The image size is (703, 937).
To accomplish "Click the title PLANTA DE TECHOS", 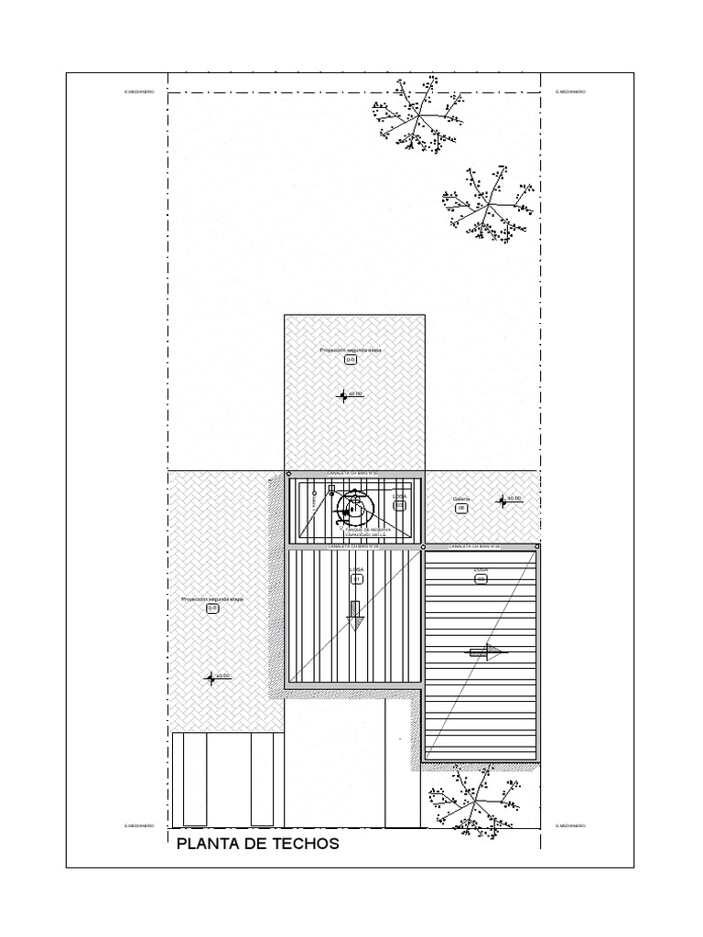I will (x=257, y=844).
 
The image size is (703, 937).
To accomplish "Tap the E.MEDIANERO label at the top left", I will (x=139, y=92).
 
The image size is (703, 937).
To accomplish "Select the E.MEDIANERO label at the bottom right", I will (x=570, y=826).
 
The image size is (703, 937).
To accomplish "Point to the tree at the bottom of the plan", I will (x=473, y=798).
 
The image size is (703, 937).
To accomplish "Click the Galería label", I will (x=460, y=499).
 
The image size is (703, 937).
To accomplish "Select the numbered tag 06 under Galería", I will (x=461, y=508).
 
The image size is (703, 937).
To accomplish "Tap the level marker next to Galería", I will (x=502, y=501).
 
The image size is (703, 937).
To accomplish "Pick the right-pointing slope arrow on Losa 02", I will (x=486, y=652).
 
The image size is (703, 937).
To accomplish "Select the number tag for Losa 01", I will (x=356, y=578).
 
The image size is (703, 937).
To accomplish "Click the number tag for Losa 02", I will (x=481, y=578).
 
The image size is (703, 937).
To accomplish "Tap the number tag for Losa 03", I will (x=399, y=504).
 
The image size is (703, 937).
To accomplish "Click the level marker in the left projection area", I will (x=211, y=678).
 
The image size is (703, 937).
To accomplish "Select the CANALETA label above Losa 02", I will (x=474, y=546).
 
